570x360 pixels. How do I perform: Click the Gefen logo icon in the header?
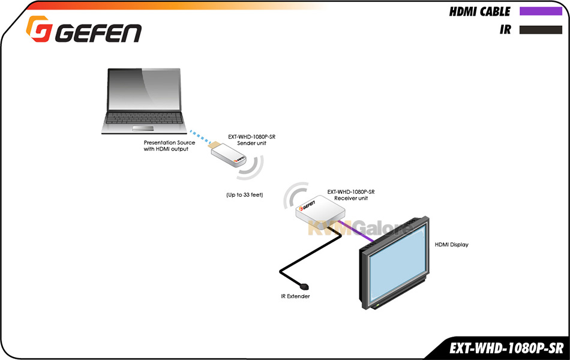click(x=39, y=28)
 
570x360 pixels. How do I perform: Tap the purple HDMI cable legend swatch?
click(x=541, y=11)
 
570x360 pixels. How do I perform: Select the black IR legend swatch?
click(x=541, y=30)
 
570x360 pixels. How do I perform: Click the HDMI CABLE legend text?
click(x=479, y=11)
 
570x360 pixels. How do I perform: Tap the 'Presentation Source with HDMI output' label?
click(x=169, y=146)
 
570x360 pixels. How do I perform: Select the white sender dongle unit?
click(x=228, y=155)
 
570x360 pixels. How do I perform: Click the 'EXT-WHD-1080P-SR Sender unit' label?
click(x=251, y=140)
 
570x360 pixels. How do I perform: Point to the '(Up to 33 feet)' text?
click(x=245, y=195)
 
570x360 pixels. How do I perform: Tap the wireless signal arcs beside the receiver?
click(x=293, y=194)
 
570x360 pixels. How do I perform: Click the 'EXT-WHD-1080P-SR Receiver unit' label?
click(x=351, y=195)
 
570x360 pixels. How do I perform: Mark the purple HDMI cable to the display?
click(x=356, y=231)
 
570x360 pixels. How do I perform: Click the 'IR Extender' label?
click(x=295, y=296)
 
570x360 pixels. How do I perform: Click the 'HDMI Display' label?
click(x=451, y=245)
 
